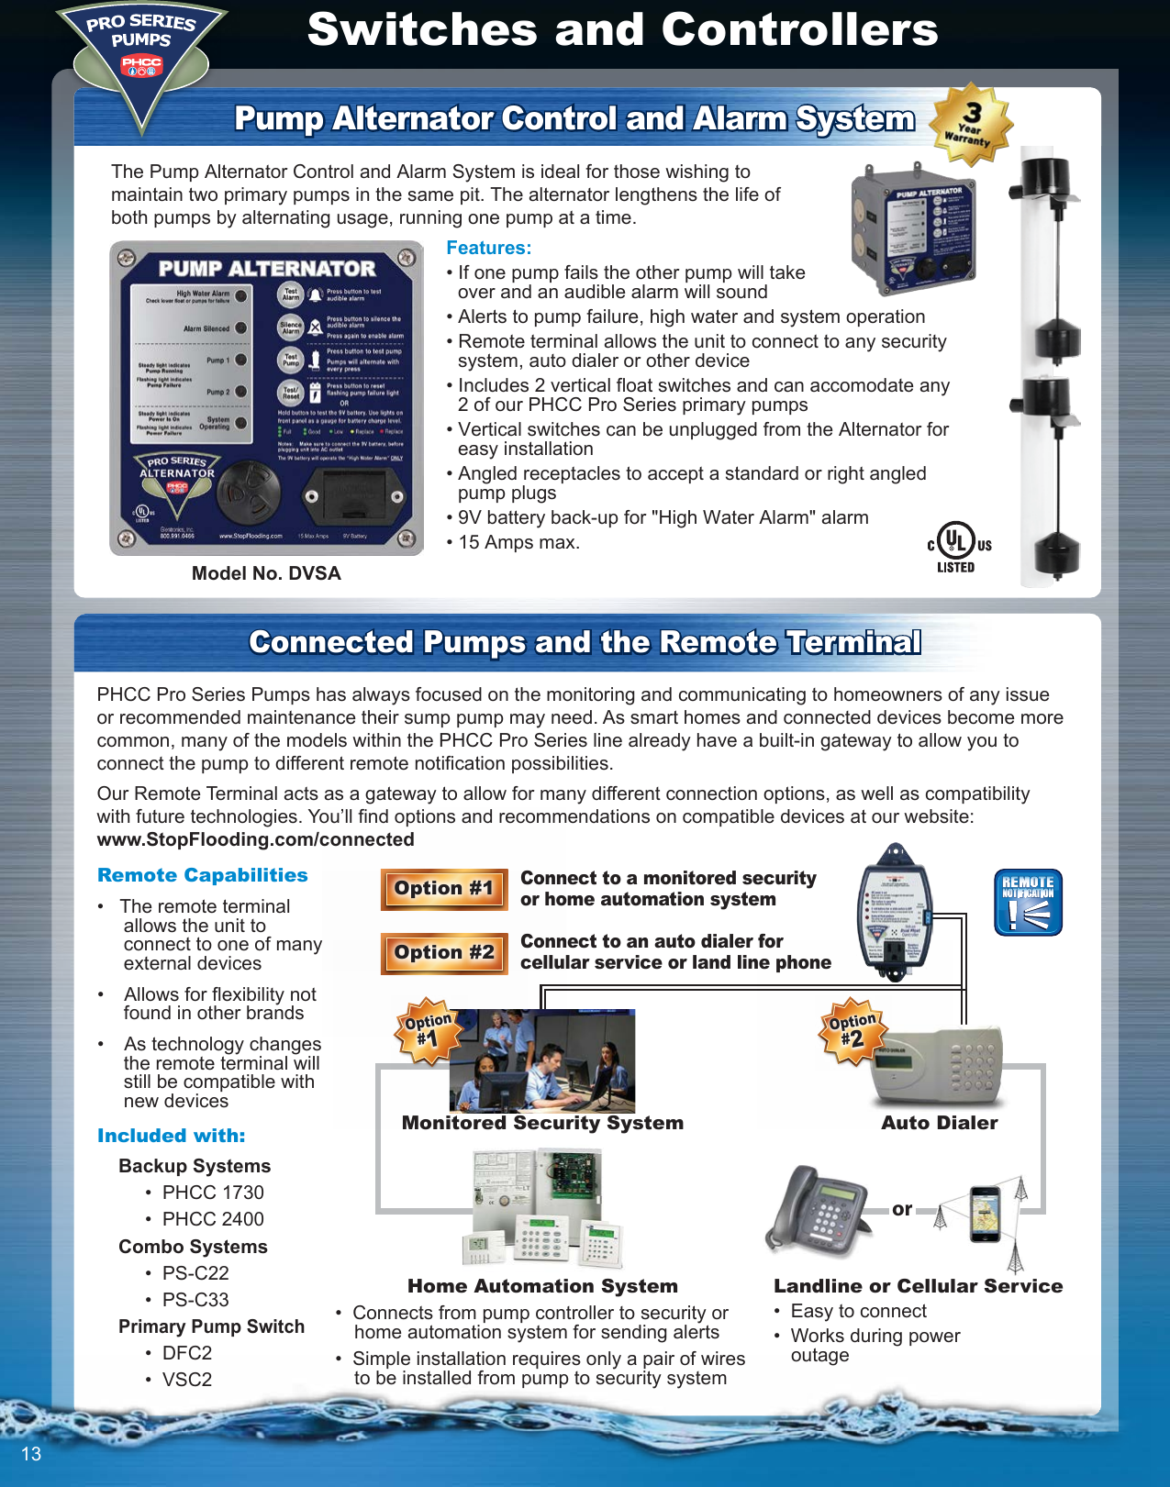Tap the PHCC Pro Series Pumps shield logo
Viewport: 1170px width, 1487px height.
pyautogui.click(x=141, y=54)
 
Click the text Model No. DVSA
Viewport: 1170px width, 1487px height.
pyautogui.click(x=266, y=573)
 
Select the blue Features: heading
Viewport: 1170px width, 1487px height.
pyautogui.click(x=488, y=248)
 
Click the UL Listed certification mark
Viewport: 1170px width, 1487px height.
pyautogui.click(x=957, y=547)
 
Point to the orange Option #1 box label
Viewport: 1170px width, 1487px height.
pyautogui.click(x=444, y=889)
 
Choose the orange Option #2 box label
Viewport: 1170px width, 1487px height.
pyautogui.click(x=444, y=953)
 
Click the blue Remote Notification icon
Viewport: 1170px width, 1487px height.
pyautogui.click(x=1028, y=903)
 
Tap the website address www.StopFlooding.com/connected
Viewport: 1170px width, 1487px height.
pyautogui.click(x=255, y=839)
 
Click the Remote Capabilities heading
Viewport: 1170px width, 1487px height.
pyautogui.click(x=203, y=875)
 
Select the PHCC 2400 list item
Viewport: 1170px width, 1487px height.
pyautogui.click(x=213, y=1219)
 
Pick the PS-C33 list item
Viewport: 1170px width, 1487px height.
pyautogui.click(x=195, y=1300)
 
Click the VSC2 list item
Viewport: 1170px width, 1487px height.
pyautogui.click(x=187, y=1380)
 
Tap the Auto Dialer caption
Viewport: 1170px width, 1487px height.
pyautogui.click(x=939, y=1123)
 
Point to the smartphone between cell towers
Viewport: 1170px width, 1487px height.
pyautogui.click(x=986, y=1213)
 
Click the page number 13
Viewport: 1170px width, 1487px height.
pyautogui.click(x=31, y=1454)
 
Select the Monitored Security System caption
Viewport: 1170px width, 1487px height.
pyautogui.click(x=542, y=1123)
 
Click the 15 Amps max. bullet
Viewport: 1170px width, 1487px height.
pyautogui.click(x=518, y=542)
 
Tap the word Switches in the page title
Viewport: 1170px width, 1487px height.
pyautogui.click(x=421, y=29)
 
